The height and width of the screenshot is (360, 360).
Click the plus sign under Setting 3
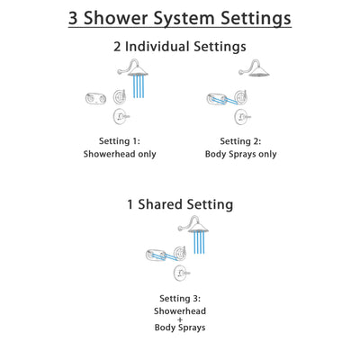[180, 321]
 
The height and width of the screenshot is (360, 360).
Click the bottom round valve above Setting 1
[120, 117]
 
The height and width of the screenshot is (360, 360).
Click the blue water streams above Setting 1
[138, 87]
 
